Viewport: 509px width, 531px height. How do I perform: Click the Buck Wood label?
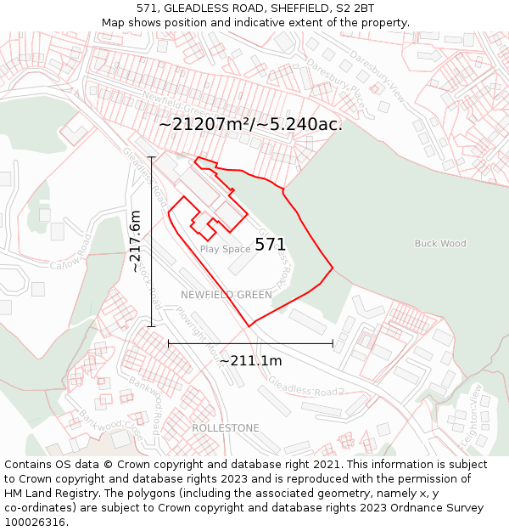click(x=440, y=244)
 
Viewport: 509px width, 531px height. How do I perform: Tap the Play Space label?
click(x=225, y=249)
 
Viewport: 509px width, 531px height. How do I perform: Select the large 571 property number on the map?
click(x=271, y=245)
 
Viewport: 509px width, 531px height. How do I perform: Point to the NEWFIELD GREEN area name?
click(x=227, y=295)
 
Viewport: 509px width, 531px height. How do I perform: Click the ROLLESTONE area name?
click(x=226, y=428)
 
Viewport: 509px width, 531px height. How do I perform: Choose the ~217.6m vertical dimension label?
click(x=136, y=242)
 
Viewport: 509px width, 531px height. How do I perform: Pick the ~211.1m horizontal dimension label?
click(x=250, y=361)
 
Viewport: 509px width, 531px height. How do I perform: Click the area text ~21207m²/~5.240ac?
click(x=251, y=124)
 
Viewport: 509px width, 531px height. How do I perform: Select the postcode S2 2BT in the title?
click(x=355, y=8)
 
